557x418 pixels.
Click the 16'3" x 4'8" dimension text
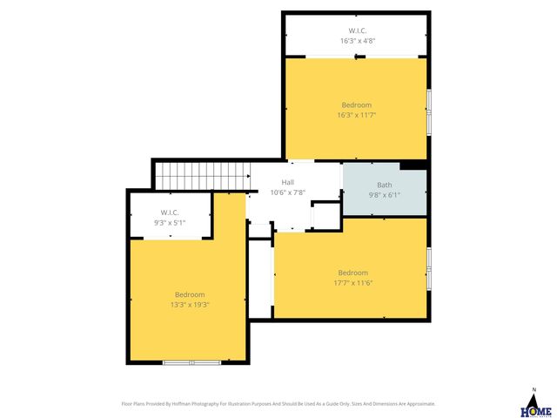358,41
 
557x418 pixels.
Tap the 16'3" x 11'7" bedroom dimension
357,114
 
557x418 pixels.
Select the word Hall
287,182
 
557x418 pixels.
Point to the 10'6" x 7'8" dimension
287,192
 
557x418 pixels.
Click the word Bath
384,185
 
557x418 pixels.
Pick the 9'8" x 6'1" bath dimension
384,194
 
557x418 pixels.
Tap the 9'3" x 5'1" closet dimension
170,222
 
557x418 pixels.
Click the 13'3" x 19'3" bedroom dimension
190,304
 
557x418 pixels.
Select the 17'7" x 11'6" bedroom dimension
353,282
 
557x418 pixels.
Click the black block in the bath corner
413,165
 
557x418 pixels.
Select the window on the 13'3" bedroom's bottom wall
192,361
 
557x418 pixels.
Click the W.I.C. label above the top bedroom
358,31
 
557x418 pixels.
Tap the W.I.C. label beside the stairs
170,212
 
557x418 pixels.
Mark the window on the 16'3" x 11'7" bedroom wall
429,112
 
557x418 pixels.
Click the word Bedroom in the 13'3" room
190,294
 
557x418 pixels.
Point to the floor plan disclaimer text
278,403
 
